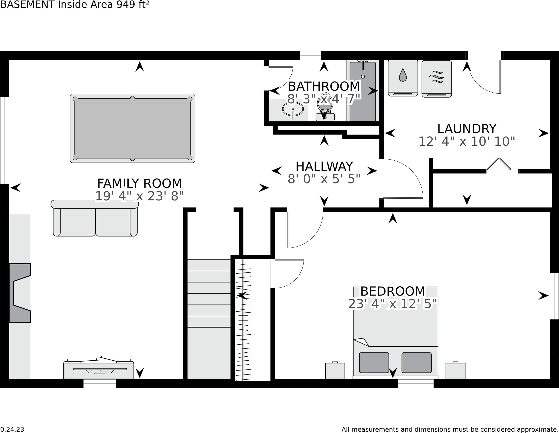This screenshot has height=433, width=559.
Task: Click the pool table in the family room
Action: pos(132,128)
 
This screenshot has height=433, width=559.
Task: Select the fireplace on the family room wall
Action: pos(20,293)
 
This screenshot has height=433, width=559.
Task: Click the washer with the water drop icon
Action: pos(403,78)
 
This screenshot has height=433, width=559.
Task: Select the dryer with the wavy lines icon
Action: pos(437,79)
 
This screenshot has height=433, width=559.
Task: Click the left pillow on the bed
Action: pos(374,363)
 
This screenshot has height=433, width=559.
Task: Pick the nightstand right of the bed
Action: pos(455,370)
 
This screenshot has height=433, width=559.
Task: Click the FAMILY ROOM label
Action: pos(140,183)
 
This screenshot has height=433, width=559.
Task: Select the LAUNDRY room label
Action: pos(467,129)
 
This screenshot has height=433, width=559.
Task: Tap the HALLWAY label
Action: pos(324,166)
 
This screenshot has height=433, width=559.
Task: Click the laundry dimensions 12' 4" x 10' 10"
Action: pos(467,141)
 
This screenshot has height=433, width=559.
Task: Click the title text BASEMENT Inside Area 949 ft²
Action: pos(75,5)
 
